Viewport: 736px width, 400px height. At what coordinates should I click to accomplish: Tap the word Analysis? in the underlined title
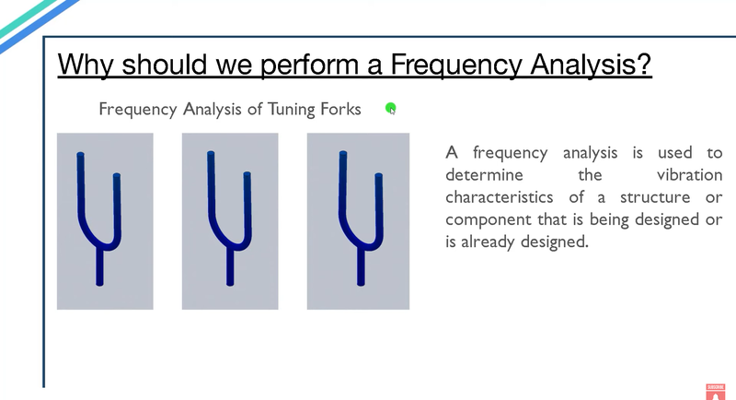coord(591,65)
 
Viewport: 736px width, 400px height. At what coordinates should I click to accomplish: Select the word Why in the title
coord(86,65)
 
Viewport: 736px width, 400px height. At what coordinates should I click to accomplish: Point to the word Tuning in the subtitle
coord(292,110)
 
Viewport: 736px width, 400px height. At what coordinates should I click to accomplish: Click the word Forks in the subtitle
coord(340,109)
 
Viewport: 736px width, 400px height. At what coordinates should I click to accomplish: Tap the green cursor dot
coord(390,109)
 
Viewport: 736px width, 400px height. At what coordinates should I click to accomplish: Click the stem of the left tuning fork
coord(99,267)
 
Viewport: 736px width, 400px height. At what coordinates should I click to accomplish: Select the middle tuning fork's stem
coord(230,267)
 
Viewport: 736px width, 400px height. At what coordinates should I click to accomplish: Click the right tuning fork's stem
coord(361,267)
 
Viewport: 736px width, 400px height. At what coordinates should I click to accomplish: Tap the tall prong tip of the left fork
coord(80,154)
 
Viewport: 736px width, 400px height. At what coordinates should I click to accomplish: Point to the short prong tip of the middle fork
coord(247,174)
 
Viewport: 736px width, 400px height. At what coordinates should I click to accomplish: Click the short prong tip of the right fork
coord(379,176)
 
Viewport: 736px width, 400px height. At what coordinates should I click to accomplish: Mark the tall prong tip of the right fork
coord(343,153)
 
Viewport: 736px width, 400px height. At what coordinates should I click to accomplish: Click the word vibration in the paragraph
coord(689,175)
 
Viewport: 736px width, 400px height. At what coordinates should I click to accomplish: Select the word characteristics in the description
coord(500,197)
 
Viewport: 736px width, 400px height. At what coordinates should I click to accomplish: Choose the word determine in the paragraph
coord(485,175)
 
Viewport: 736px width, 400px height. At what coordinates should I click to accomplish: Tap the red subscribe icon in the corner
coord(716,392)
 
